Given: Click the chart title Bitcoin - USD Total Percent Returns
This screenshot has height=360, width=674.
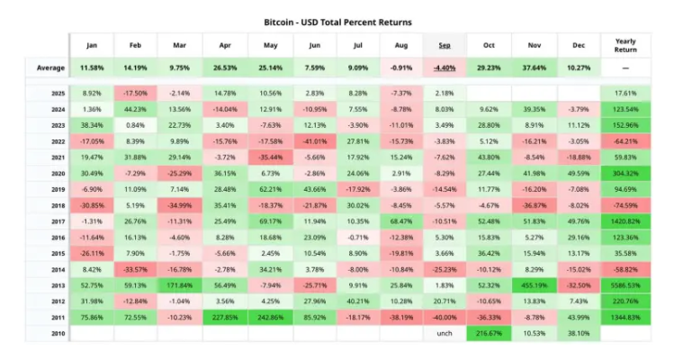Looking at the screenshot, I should point(337,20).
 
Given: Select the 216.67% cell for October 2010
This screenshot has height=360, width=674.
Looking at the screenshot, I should point(488,332).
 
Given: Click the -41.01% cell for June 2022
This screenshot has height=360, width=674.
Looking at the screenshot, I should point(312,141).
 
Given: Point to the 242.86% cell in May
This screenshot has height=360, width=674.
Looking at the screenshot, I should point(268,316).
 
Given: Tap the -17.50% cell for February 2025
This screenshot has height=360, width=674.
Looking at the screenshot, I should point(136,94).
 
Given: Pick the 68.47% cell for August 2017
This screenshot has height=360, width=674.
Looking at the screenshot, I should point(400,220).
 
